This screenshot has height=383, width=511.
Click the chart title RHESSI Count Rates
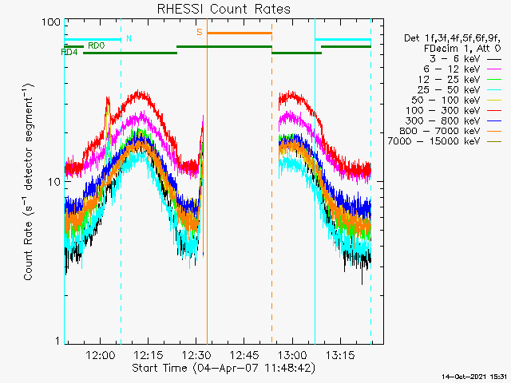pyautogui.click(x=224, y=9)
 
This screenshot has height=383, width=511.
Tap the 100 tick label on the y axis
pyautogui.click(x=51, y=22)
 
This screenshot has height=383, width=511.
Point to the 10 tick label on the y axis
pyautogui.click(x=54, y=182)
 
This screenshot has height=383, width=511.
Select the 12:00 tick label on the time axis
pyautogui.click(x=100, y=354)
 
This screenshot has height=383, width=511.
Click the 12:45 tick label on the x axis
pyautogui.click(x=244, y=354)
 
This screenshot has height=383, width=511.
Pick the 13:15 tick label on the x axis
pyautogui.click(x=340, y=354)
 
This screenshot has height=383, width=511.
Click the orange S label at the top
pyautogui.click(x=200, y=32)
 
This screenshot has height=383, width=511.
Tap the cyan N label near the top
pyautogui.click(x=129, y=39)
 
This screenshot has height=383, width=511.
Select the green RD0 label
pyautogui.click(x=97, y=45)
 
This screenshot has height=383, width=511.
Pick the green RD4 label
pyautogui.click(x=69, y=52)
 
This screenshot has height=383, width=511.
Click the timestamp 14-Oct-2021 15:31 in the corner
pyautogui.click(x=474, y=377)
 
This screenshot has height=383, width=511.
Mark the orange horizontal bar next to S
pyautogui.click(x=240, y=33)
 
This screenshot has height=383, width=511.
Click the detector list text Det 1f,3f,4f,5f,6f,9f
pyautogui.click(x=452, y=38)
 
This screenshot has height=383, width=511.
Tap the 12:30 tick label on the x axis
pyautogui.click(x=196, y=354)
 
